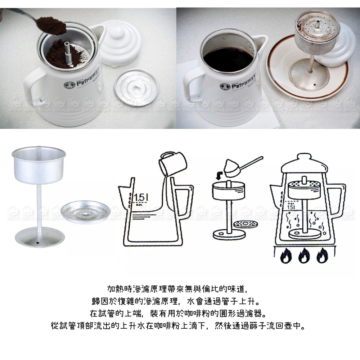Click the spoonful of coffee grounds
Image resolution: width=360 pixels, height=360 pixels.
pyautogui.click(x=51, y=25)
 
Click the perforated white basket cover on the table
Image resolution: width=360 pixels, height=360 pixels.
pyautogui.click(x=137, y=87)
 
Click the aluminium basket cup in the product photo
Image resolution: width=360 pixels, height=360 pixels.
pyautogui.click(x=39, y=165)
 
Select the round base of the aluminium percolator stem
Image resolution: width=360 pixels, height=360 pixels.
pyautogui.click(x=40, y=237)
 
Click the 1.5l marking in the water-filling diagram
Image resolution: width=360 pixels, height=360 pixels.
pyautogui.click(x=140, y=198)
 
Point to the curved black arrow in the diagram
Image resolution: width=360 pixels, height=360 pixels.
pyautogui.click(x=220, y=176)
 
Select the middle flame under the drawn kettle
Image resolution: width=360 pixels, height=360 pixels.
pyautogui.click(x=304, y=255)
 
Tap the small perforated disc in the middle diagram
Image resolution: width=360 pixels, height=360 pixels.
pyautogui.click(x=246, y=224)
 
